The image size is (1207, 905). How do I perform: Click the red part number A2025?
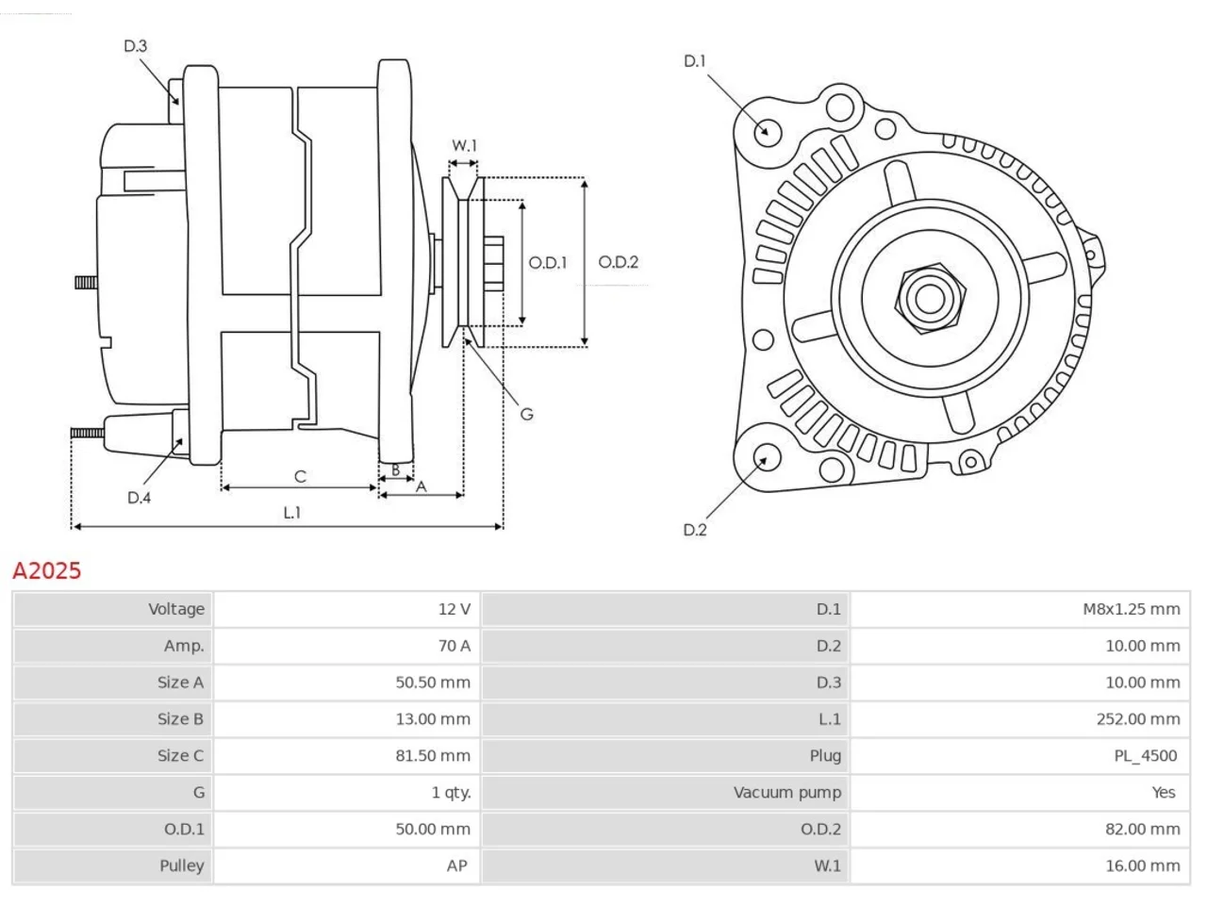click(x=47, y=571)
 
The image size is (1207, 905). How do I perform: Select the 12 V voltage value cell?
click(x=455, y=609)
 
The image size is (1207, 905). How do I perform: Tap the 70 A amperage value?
click(x=455, y=646)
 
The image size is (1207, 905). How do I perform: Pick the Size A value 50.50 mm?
click(x=433, y=683)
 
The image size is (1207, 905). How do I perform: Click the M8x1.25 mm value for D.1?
click(x=1132, y=609)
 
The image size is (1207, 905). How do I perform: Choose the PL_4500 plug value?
click(x=1146, y=756)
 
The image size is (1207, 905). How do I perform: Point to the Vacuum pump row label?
click(x=786, y=793)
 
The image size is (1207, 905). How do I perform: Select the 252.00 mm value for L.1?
click(x=1138, y=719)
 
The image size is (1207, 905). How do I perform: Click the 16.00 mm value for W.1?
click(x=1143, y=866)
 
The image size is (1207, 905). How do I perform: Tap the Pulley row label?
click(x=181, y=866)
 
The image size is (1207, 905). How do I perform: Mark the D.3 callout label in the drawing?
click(x=135, y=46)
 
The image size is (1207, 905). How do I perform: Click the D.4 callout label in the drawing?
click(x=139, y=498)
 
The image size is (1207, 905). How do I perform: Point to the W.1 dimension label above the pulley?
click(x=464, y=145)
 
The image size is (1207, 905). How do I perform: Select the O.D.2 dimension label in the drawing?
click(x=618, y=262)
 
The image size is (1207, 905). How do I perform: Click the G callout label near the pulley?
click(x=526, y=414)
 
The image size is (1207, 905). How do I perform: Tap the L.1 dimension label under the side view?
click(x=292, y=513)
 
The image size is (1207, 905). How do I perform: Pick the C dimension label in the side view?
click(x=300, y=476)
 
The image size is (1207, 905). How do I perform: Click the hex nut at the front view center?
click(x=930, y=299)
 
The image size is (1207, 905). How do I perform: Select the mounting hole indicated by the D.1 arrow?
click(x=768, y=132)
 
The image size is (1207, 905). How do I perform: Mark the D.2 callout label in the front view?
click(x=695, y=530)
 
